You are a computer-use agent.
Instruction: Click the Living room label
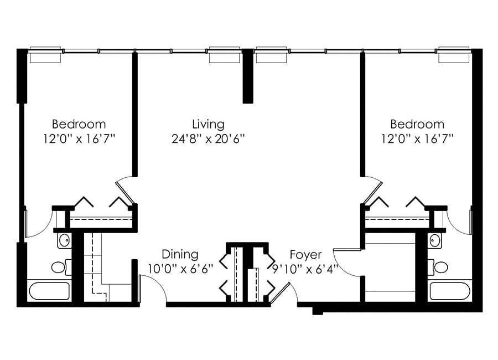[209, 125]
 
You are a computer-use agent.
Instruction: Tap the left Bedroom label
[79, 124]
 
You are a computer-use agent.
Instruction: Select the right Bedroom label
[417, 124]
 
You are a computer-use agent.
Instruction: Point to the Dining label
[180, 254]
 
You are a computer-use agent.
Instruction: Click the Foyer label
[305, 255]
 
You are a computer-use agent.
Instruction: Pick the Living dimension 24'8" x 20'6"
[209, 139]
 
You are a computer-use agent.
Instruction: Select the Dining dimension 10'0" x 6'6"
[180, 269]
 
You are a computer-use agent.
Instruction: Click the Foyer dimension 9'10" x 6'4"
[305, 269]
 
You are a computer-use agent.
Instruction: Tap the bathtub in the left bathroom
[49, 291]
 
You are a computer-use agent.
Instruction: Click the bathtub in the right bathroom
[450, 291]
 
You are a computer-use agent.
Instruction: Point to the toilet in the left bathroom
[61, 267]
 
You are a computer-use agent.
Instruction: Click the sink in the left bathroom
[65, 241]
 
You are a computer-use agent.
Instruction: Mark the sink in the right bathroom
[434, 241]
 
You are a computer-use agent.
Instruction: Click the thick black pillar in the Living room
[248, 76]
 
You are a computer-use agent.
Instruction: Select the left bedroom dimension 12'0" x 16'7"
[79, 139]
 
